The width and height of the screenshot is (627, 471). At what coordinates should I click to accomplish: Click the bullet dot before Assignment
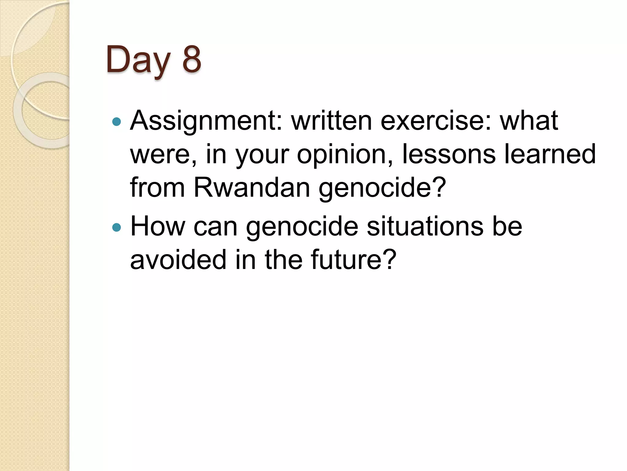click(x=117, y=122)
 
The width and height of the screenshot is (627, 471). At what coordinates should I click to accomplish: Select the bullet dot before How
click(x=117, y=228)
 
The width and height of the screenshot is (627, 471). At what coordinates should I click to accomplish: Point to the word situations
click(x=425, y=227)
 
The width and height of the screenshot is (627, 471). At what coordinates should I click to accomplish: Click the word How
click(x=158, y=227)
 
